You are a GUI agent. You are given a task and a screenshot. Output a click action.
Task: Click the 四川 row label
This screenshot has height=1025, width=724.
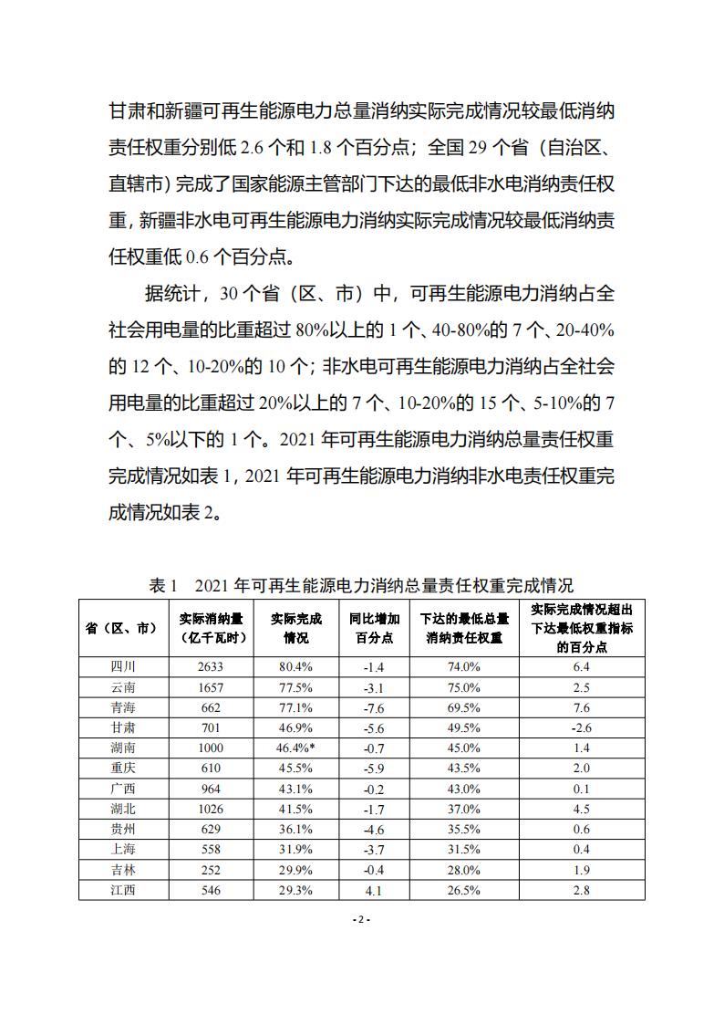coord(121,666)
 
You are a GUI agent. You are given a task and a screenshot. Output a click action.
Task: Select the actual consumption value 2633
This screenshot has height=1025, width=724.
coord(210,666)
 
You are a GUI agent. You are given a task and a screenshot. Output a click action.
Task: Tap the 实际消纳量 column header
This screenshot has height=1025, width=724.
coord(210,628)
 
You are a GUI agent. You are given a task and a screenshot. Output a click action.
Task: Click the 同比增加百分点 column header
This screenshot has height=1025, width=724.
coord(374,628)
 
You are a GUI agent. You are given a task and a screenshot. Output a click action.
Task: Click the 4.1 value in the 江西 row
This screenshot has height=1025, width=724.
coord(374,890)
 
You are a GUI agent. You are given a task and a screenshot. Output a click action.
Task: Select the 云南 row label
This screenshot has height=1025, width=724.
coord(121,686)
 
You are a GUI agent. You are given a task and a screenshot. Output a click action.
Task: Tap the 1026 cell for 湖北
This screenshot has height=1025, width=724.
coord(210,809)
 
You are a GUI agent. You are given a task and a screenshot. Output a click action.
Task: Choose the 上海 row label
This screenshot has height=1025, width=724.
coord(121,849)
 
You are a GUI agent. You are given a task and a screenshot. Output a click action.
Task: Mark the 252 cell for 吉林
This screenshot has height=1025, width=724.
coord(210,870)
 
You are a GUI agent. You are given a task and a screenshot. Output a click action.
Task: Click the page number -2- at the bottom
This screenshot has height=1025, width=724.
coord(361,919)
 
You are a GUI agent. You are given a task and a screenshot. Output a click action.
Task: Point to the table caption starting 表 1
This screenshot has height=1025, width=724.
coord(361,585)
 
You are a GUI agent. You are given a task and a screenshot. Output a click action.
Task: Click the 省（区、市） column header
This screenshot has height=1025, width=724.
coord(121,628)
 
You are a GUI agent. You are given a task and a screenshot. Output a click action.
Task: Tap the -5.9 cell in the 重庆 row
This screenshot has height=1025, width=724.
coord(374,768)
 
